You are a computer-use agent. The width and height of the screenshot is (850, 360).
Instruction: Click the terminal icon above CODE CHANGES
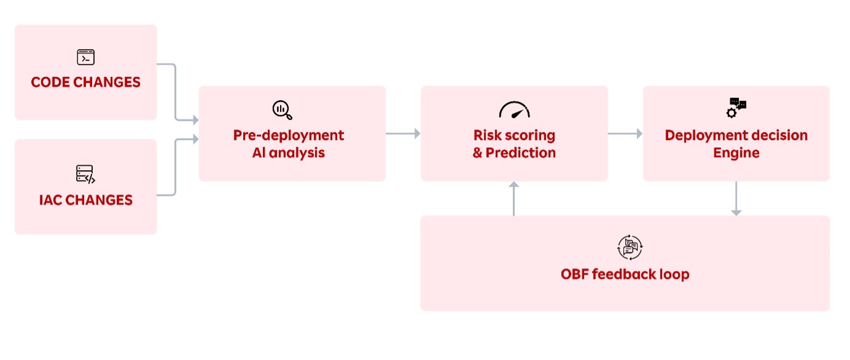click(85, 57)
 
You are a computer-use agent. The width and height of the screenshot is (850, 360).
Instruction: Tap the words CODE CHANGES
click(85, 82)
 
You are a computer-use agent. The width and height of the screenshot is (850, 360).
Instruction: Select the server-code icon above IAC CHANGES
click(85, 174)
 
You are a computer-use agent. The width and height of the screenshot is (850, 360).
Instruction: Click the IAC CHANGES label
click(85, 200)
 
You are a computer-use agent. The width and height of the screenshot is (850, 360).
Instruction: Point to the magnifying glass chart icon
click(282, 110)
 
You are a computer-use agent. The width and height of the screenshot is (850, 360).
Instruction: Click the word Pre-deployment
click(288, 135)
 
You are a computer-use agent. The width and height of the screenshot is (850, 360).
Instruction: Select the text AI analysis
click(288, 153)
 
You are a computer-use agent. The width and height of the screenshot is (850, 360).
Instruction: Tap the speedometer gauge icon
click(514, 111)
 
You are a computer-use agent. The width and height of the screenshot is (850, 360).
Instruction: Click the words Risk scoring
click(514, 135)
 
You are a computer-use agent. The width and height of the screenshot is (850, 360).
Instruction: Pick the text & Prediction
click(514, 153)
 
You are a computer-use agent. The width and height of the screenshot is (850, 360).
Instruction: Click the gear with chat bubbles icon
click(736, 108)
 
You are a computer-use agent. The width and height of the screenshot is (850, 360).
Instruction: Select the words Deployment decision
click(736, 135)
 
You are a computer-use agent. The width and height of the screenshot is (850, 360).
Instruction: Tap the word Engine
click(736, 153)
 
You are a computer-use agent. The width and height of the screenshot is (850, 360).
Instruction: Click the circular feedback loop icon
click(629, 247)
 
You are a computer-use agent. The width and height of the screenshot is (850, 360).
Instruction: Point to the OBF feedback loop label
click(625, 274)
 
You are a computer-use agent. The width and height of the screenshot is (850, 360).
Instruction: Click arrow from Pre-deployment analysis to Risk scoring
click(403, 133)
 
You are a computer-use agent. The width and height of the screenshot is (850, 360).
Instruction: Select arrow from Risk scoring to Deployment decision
click(625, 133)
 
